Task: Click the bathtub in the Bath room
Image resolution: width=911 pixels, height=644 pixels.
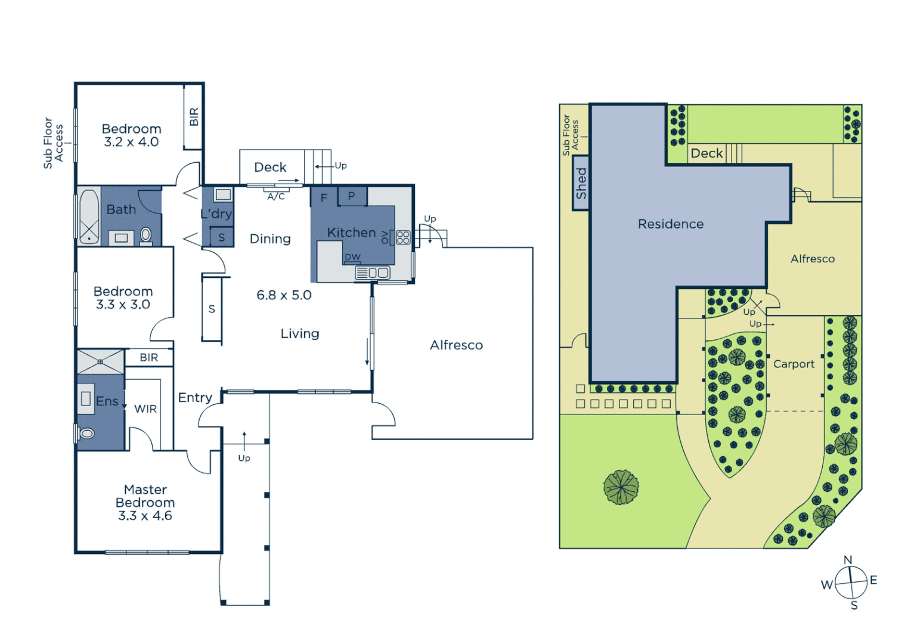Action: pyautogui.click(x=89, y=215)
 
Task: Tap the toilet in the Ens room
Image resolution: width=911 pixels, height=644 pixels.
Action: pyautogui.click(x=86, y=434)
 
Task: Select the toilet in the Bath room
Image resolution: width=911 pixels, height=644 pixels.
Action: pyautogui.click(x=145, y=236)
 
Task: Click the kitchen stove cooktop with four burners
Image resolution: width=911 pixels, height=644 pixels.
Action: pyautogui.click(x=403, y=237)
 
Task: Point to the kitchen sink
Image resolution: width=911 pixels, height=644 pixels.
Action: pyautogui.click(x=372, y=273)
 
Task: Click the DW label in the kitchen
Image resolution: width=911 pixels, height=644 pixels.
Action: pyautogui.click(x=352, y=257)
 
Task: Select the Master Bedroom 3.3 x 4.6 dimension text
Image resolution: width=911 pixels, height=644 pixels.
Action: pyautogui.click(x=145, y=516)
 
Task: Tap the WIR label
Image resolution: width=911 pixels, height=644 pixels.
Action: pyautogui.click(x=145, y=409)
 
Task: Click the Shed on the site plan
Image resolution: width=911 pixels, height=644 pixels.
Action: pyautogui.click(x=581, y=183)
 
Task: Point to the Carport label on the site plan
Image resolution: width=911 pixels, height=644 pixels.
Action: pyautogui.click(x=794, y=364)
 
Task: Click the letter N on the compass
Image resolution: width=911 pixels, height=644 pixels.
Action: pyautogui.click(x=848, y=560)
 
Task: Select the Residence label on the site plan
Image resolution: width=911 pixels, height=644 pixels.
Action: pyautogui.click(x=671, y=224)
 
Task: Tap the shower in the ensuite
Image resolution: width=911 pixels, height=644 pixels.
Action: pyautogui.click(x=100, y=362)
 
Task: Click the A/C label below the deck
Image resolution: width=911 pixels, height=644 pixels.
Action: pyautogui.click(x=276, y=196)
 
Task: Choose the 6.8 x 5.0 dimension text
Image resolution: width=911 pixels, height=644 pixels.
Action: pyautogui.click(x=284, y=295)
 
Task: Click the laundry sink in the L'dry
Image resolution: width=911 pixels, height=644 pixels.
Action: pyautogui.click(x=223, y=194)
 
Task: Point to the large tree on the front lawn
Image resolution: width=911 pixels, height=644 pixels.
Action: pyautogui.click(x=621, y=487)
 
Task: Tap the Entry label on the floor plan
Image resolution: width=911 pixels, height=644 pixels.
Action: pyautogui.click(x=195, y=398)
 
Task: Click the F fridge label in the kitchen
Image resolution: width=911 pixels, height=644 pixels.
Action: pyautogui.click(x=324, y=197)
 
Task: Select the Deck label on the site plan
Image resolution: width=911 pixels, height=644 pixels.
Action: pyautogui.click(x=707, y=153)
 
